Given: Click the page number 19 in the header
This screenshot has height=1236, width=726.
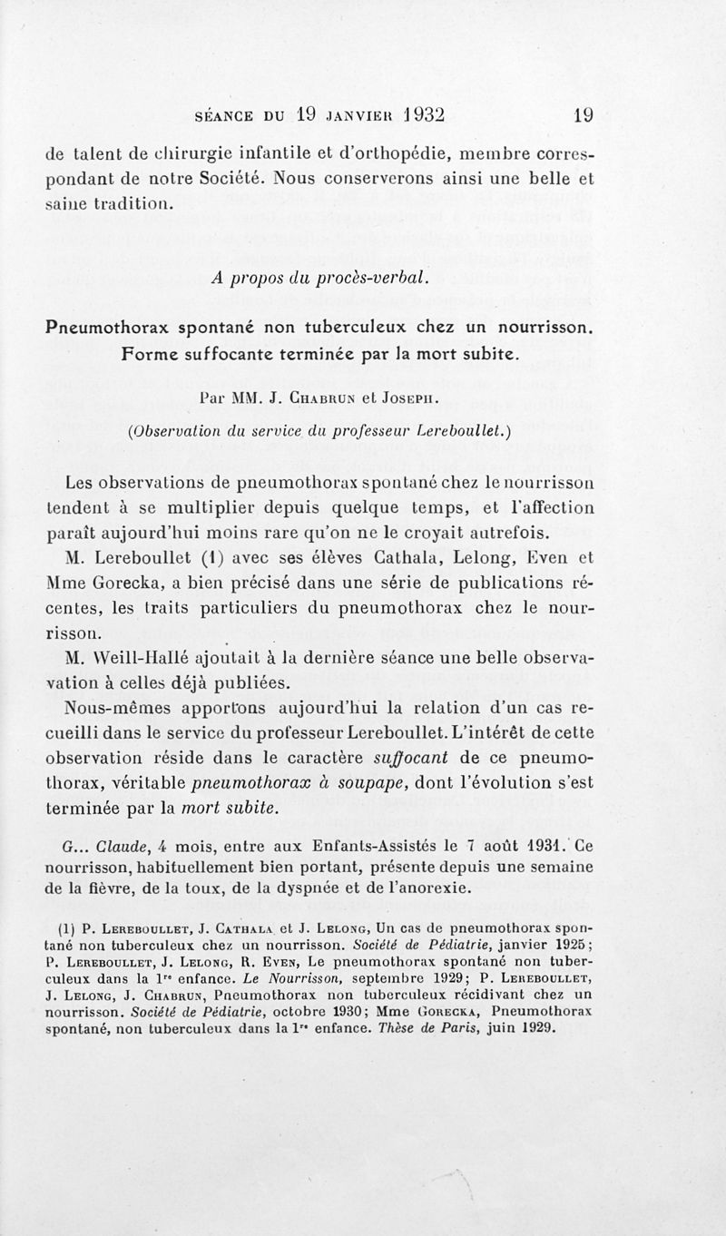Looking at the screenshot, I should point(583,115).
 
